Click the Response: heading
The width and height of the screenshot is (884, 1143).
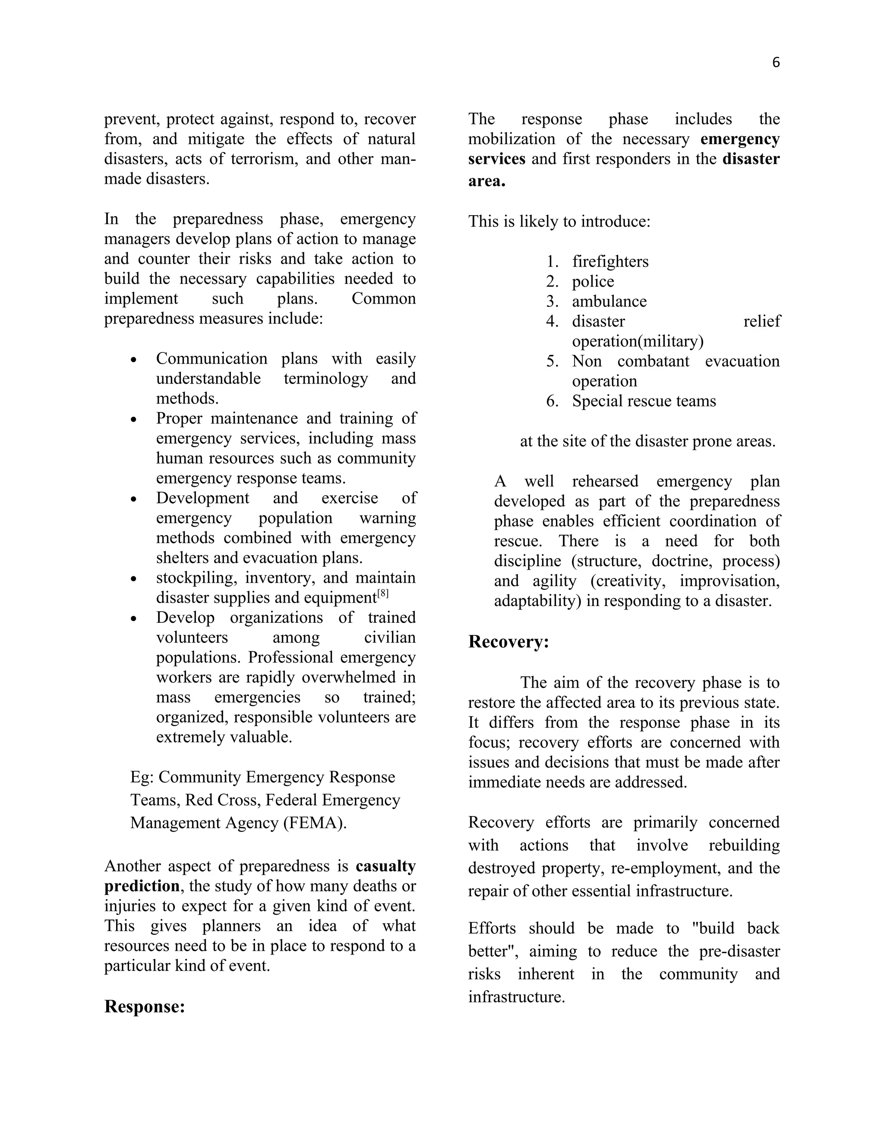[145, 1006]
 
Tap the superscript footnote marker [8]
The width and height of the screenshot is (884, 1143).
[383, 593]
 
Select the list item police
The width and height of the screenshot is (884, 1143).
[593, 281]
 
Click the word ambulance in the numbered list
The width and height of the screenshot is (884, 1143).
[609, 301]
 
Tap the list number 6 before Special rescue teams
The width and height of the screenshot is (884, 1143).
[552, 401]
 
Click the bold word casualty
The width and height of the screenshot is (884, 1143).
[385, 866]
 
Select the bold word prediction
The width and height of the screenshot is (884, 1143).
[142, 886]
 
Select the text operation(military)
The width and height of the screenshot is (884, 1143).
[638, 341]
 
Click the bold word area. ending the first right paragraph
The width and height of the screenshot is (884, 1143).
[486, 181]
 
